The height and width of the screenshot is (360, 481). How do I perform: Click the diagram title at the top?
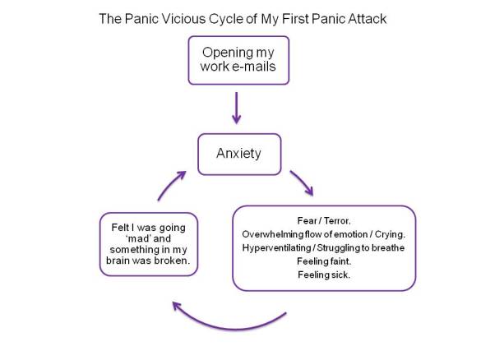pyautogui.click(x=240, y=17)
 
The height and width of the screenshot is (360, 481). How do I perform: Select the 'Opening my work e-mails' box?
pyautogui.click(x=238, y=59)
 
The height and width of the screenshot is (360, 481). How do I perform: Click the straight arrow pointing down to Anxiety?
pyautogui.click(x=238, y=108)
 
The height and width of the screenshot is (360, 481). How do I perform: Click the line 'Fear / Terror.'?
pyautogui.click(x=323, y=219)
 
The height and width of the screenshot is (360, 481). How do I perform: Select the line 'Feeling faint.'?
pyautogui.click(x=323, y=261)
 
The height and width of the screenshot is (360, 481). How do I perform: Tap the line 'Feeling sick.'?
pyautogui.click(x=323, y=275)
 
